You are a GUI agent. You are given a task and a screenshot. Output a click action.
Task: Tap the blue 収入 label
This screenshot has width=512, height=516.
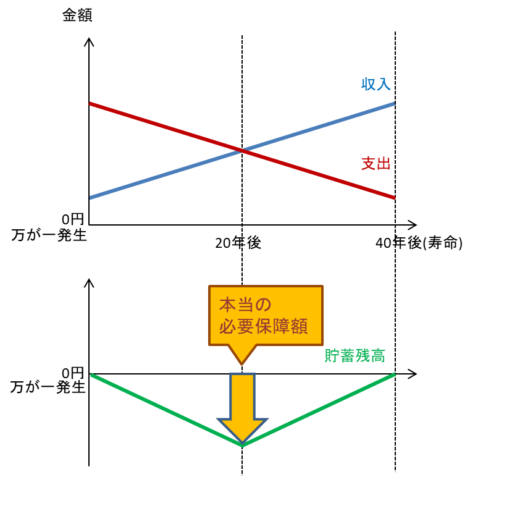pos(376,85)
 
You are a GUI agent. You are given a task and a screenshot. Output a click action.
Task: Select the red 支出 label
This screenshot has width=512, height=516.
pos(376,164)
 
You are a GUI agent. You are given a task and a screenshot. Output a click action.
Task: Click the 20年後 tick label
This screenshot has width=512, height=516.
pos(238,243)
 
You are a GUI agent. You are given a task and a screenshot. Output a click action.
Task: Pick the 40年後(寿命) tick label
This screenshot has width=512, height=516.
pos(419,243)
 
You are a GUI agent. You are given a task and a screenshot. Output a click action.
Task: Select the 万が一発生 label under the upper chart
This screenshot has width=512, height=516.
pos(49,235)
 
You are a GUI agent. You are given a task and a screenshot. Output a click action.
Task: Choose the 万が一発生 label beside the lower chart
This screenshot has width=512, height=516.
pos(48,387)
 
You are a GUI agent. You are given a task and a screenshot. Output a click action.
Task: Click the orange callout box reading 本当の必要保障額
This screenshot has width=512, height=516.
pos(266,316)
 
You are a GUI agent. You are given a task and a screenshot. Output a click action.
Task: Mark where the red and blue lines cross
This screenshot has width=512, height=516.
pos(241,150)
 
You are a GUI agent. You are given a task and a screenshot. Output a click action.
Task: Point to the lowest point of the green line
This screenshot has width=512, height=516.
pos(242,445)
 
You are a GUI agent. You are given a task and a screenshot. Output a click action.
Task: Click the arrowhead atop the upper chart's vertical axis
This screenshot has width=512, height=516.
pos(90,42)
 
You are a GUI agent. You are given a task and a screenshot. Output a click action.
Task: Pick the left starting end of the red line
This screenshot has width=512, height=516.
pos(91,104)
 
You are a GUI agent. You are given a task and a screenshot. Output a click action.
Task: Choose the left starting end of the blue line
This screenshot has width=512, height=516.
pos(91,198)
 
